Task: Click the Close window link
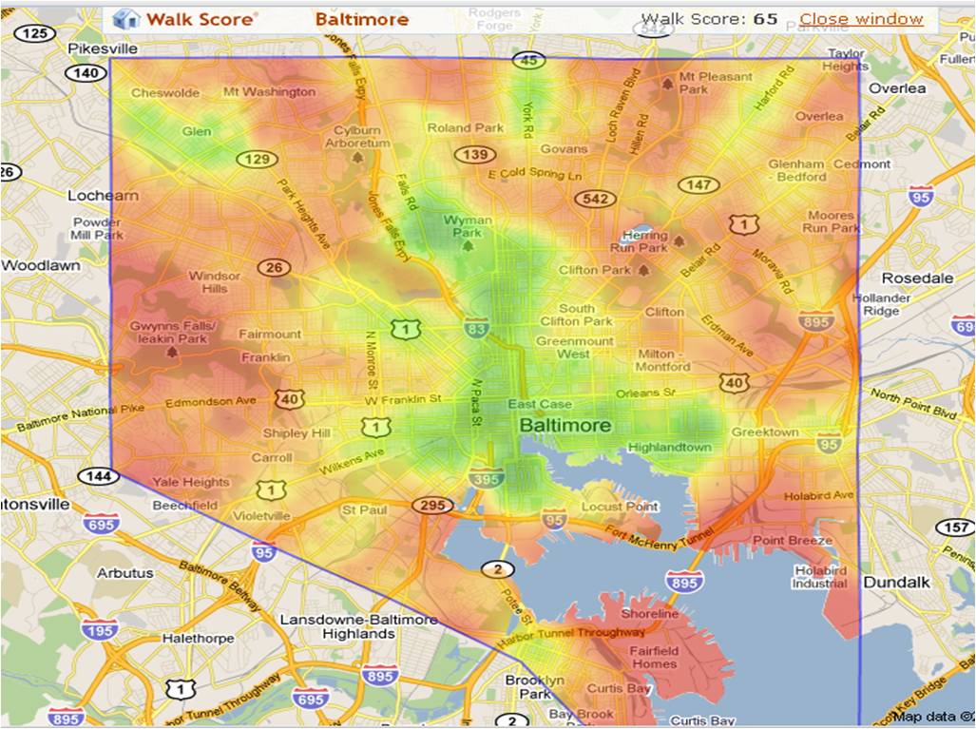(860, 19)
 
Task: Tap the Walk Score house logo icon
(125, 19)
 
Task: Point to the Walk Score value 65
(765, 19)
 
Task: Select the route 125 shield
(34, 34)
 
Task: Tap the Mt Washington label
(268, 92)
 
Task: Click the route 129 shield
(257, 159)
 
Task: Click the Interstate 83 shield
(477, 328)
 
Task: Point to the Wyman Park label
(468, 226)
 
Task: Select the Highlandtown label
(669, 447)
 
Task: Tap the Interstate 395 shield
(485, 481)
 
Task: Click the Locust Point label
(620, 507)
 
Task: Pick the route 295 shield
(431, 505)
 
